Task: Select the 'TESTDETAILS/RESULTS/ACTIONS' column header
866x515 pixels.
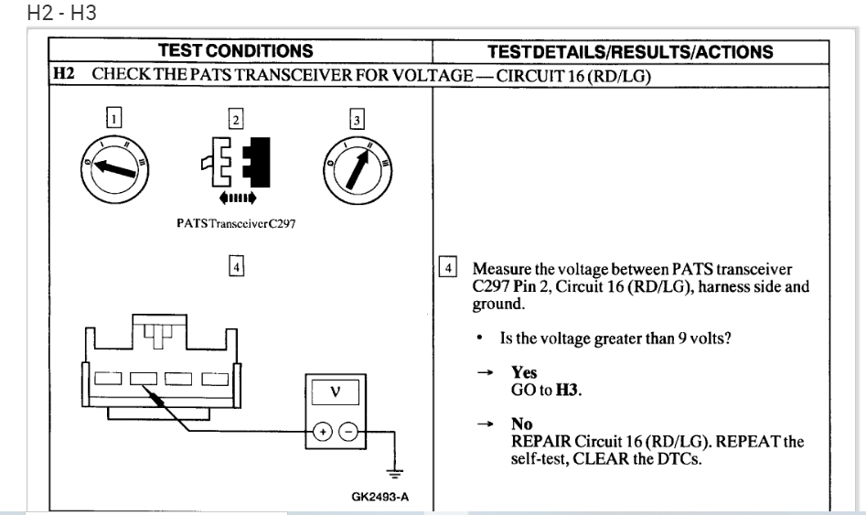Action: (x=630, y=52)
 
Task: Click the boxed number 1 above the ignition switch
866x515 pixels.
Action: (x=112, y=118)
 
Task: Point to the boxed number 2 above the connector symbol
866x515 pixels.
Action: (x=235, y=118)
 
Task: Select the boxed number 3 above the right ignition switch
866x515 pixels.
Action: (x=358, y=118)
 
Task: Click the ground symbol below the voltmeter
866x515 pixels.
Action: (x=394, y=473)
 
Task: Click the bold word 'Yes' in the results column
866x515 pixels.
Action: (x=524, y=373)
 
